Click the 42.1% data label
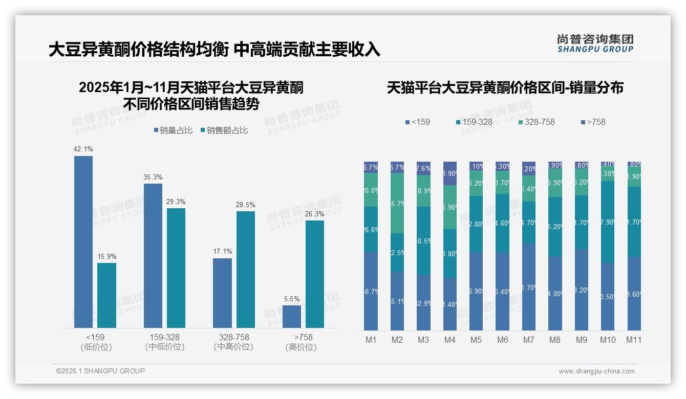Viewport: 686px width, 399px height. (83, 149)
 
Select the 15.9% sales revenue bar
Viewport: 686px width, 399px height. (106, 295)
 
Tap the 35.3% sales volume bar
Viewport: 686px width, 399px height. (153, 255)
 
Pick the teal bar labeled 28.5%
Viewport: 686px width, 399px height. (246, 269)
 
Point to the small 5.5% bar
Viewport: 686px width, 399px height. (292, 317)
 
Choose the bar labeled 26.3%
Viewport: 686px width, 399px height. (315, 274)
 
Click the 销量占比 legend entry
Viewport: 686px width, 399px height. (173, 130)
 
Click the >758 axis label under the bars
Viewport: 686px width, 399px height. (303, 338)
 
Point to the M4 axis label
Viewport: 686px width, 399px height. (449, 340)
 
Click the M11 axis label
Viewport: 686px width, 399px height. (634, 340)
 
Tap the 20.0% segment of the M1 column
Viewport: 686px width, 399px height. (371, 190)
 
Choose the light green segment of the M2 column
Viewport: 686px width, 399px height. (397, 203)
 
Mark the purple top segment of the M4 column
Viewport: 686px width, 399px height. (449, 173)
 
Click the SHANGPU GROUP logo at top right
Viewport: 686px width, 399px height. (595, 43)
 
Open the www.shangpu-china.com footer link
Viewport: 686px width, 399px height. (596, 371)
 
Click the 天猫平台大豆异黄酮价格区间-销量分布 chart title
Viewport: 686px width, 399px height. (505, 88)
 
